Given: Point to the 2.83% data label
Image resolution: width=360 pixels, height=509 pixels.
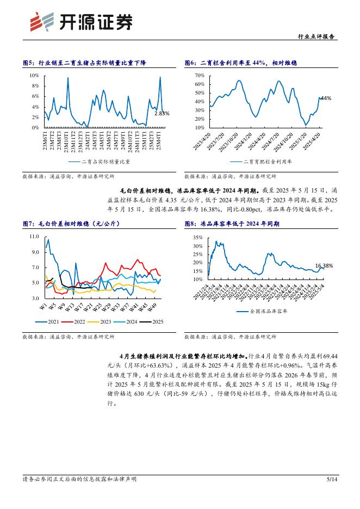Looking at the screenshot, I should pos(162,113).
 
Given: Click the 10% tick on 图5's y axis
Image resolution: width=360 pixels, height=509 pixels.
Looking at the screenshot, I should pos(34,76).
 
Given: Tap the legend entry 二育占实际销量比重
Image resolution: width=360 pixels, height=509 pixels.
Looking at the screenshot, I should pos(100,162).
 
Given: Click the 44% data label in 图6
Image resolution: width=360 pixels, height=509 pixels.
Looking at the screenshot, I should pos(326,98).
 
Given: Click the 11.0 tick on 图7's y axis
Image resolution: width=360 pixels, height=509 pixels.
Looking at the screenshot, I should pos(34,237).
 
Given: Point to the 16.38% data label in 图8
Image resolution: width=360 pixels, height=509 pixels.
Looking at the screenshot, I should pos(324,265).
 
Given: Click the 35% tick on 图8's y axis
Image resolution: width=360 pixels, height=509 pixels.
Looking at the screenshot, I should pos(198,238).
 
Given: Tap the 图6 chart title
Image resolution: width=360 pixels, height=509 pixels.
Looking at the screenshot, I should pos(240,63).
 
